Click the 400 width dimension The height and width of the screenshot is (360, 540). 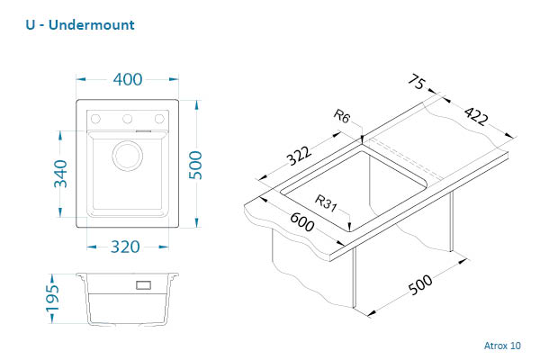click(128, 79)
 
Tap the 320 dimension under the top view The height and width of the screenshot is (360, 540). click(128, 247)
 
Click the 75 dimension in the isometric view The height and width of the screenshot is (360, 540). click(416, 85)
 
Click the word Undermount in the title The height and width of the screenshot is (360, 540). click(93, 24)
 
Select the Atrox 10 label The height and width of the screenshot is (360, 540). click(501, 345)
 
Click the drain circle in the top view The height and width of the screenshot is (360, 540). click(127, 154)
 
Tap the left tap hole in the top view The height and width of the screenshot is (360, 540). click(96, 118)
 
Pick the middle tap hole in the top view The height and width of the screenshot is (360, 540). click(128, 118)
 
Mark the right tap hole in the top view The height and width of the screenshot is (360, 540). click(159, 118)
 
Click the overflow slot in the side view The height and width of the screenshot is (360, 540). click(143, 285)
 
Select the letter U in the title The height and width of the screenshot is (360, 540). click(31, 24)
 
